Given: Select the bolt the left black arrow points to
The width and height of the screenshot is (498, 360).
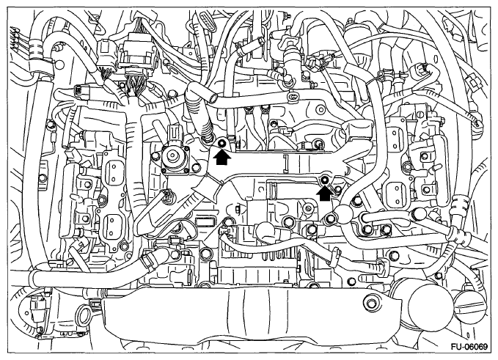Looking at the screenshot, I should click(221, 141).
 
